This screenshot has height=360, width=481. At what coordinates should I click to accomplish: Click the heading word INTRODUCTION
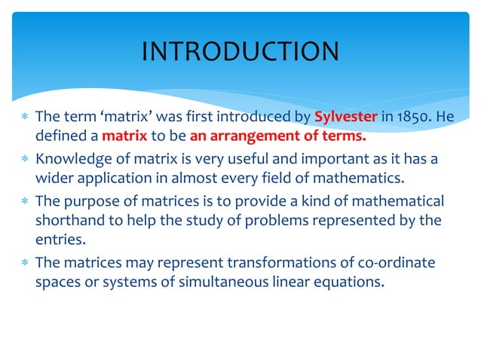[240, 51]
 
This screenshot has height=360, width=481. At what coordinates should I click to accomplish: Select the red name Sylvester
[345, 117]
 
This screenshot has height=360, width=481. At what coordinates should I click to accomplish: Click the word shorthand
[69, 221]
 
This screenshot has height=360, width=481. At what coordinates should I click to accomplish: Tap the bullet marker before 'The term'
[25, 117]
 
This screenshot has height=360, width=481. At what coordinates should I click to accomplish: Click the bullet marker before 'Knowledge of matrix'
[25, 159]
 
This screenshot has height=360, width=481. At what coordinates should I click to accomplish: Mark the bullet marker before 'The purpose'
[25, 201]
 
